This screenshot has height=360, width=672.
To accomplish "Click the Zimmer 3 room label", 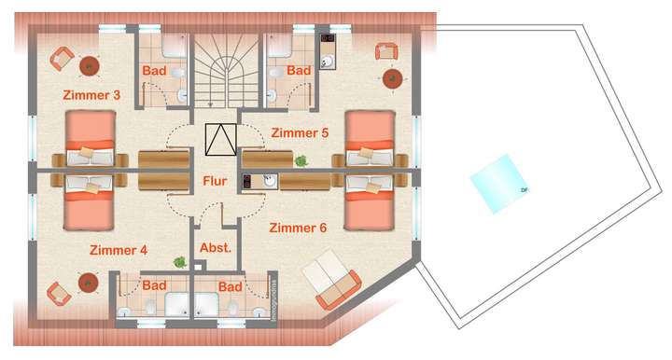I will pos(91,95).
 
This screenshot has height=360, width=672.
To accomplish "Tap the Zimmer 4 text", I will pos(119,250).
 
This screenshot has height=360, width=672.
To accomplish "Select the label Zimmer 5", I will pos(299,132).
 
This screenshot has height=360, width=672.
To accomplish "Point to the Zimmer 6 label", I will pos(297,228).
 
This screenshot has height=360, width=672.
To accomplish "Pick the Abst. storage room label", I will pos(216,248).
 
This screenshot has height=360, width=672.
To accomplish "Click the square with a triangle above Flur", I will pos(220,140).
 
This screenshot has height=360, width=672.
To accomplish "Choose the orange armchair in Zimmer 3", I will pos(60,58).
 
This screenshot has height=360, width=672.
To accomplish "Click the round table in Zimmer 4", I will pos(89,280).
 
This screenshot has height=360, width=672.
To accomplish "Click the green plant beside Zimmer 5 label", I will pos(301,160).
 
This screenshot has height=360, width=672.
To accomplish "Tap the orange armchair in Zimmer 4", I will pos(58,293).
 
